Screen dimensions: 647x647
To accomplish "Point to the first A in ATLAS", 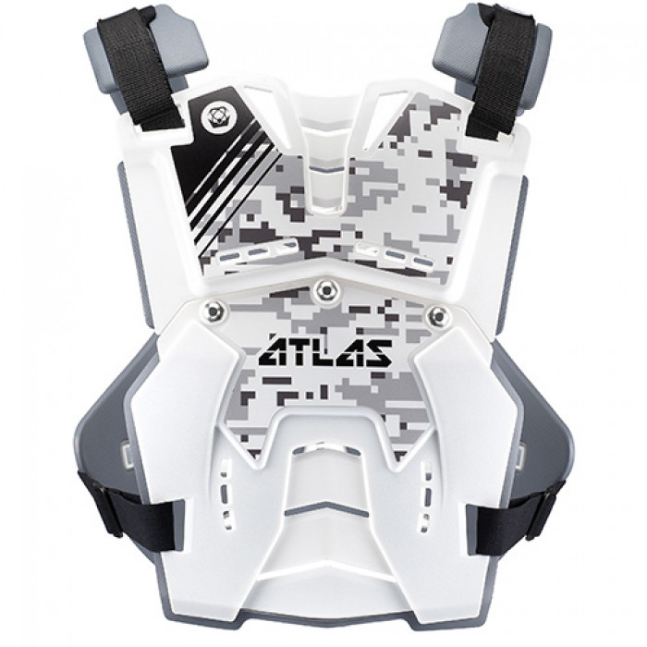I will coord(271,352).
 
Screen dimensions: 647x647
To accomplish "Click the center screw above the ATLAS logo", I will coord(323,291).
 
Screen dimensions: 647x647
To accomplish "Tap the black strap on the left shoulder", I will coord(142,69).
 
